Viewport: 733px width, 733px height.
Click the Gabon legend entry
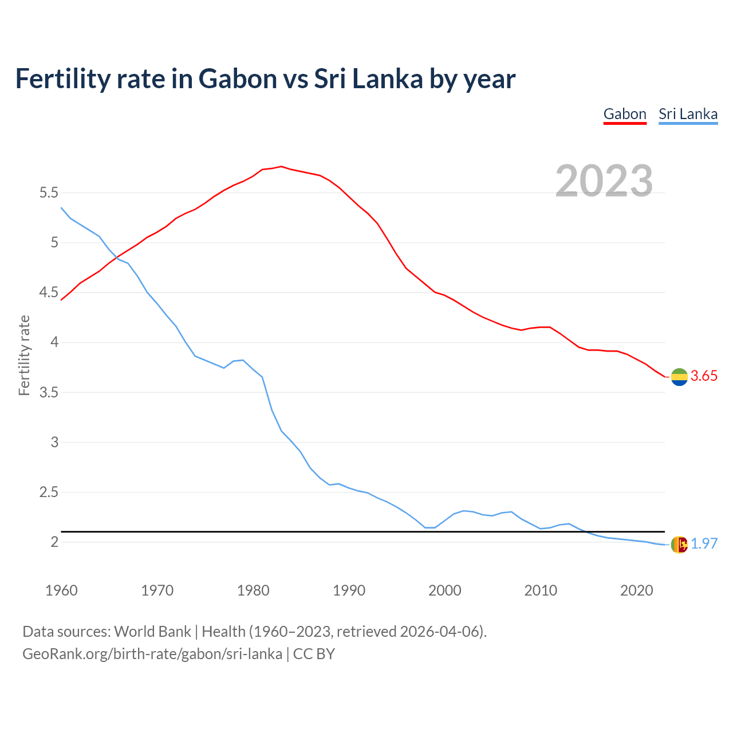pyautogui.click(x=625, y=114)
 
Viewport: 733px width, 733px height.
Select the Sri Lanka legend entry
pyautogui.click(x=688, y=114)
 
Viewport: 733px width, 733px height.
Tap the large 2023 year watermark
pyautogui.click(x=604, y=181)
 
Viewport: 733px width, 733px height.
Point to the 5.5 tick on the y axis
pyautogui.click(x=49, y=193)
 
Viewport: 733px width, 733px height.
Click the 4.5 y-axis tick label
pyautogui.click(x=49, y=293)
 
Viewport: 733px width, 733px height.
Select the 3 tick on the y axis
pyautogui.click(x=54, y=442)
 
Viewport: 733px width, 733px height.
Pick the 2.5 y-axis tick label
pyautogui.click(x=49, y=492)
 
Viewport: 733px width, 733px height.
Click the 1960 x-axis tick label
pyautogui.click(x=61, y=590)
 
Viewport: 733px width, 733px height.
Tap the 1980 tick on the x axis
pyautogui.click(x=253, y=590)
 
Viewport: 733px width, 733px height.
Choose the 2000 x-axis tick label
pyautogui.click(x=445, y=590)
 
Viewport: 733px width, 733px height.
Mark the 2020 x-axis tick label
pyautogui.click(x=636, y=590)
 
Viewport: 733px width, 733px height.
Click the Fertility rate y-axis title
pyautogui.click(x=24, y=355)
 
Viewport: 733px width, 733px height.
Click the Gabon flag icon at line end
pyautogui.click(x=679, y=377)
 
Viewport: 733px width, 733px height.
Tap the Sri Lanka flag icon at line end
pyautogui.click(x=679, y=545)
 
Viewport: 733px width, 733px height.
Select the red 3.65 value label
pyautogui.click(x=704, y=376)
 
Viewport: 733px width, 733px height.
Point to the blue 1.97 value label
pyautogui.click(x=704, y=544)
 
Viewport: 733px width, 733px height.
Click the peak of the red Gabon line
pyautogui.click(x=281, y=167)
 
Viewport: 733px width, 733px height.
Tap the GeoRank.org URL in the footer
pyautogui.click(x=152, y=654)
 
